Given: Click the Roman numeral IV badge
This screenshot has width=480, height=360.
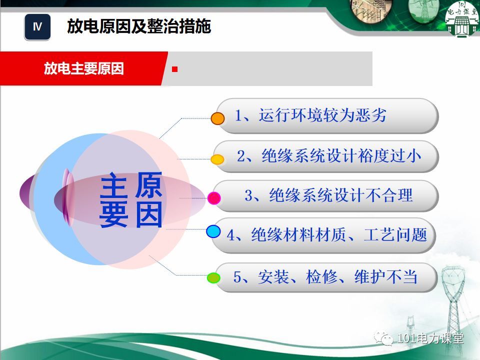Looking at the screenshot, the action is pos(37,26).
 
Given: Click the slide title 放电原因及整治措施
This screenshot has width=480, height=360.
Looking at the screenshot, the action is pos(139,26).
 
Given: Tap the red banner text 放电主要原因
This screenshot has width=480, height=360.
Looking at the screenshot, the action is pos(84,68).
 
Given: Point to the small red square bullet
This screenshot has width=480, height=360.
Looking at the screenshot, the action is pos(175,69).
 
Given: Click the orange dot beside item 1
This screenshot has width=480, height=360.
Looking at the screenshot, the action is pos(217,118).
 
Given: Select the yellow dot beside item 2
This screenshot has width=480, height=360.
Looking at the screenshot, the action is pos(217,159).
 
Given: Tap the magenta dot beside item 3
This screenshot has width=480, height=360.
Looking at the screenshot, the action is pos(214,198).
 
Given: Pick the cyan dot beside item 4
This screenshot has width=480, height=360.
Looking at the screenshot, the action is pos(213,231).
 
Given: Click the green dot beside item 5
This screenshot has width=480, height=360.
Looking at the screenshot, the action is pos(213,277).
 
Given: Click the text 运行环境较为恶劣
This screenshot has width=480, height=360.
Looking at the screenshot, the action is pos(322,115).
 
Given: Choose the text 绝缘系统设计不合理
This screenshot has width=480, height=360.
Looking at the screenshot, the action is pos(341,195).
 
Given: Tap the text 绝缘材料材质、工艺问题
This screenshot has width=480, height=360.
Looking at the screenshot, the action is pos(339,235).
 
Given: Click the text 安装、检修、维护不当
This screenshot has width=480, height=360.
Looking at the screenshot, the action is pos(337,276).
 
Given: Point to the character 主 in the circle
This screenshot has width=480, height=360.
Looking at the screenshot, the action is pos(113,185).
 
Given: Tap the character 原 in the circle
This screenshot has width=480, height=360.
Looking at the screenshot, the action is pos(148,185).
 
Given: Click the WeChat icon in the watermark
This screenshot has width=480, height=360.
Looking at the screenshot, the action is pos(383,338).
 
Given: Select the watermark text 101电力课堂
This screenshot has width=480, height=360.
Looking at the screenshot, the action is pos(430,338).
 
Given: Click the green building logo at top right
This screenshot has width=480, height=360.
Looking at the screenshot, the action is pos(462,19).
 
